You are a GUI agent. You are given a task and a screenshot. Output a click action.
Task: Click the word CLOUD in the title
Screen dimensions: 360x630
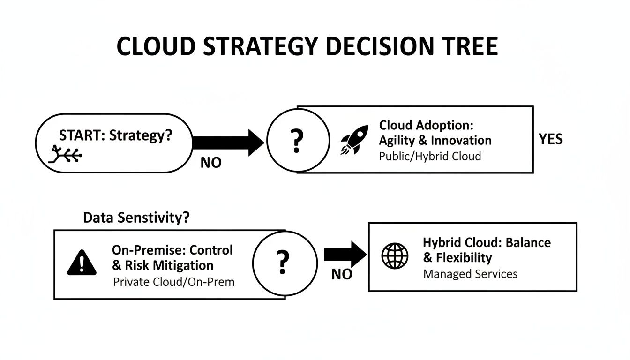[x=155, y=47]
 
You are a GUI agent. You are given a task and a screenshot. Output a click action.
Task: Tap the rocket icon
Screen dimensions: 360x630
[x=352, y=141]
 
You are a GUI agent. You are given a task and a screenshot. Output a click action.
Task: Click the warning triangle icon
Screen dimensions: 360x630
[x=82, y=262]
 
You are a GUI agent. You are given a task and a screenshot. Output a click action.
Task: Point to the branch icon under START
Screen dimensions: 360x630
[x=65, y=154]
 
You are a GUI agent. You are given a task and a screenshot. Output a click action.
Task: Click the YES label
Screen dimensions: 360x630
[x=551, y=139]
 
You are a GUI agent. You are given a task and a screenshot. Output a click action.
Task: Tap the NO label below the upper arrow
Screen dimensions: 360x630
[x=211, y=163]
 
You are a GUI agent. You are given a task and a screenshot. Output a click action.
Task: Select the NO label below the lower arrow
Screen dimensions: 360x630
[x=342, y=274]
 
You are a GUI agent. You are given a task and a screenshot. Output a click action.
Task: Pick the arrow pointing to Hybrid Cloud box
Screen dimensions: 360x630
[x=345, y=255]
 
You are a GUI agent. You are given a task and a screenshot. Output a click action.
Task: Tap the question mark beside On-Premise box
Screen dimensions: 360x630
[x=282, y=262]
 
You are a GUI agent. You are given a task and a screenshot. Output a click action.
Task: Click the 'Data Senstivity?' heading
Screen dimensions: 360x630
[x=136, y=217]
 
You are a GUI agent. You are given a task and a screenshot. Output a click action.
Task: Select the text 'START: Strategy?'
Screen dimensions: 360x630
[x=116, y=136]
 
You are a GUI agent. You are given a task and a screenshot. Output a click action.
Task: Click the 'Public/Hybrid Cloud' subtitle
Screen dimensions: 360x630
[x=430, y=156]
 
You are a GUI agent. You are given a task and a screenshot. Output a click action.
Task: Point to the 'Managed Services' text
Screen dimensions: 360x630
[x=470, y=274]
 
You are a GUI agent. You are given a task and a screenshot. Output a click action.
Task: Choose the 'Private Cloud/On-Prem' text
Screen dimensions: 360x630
[x=174, y=282]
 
